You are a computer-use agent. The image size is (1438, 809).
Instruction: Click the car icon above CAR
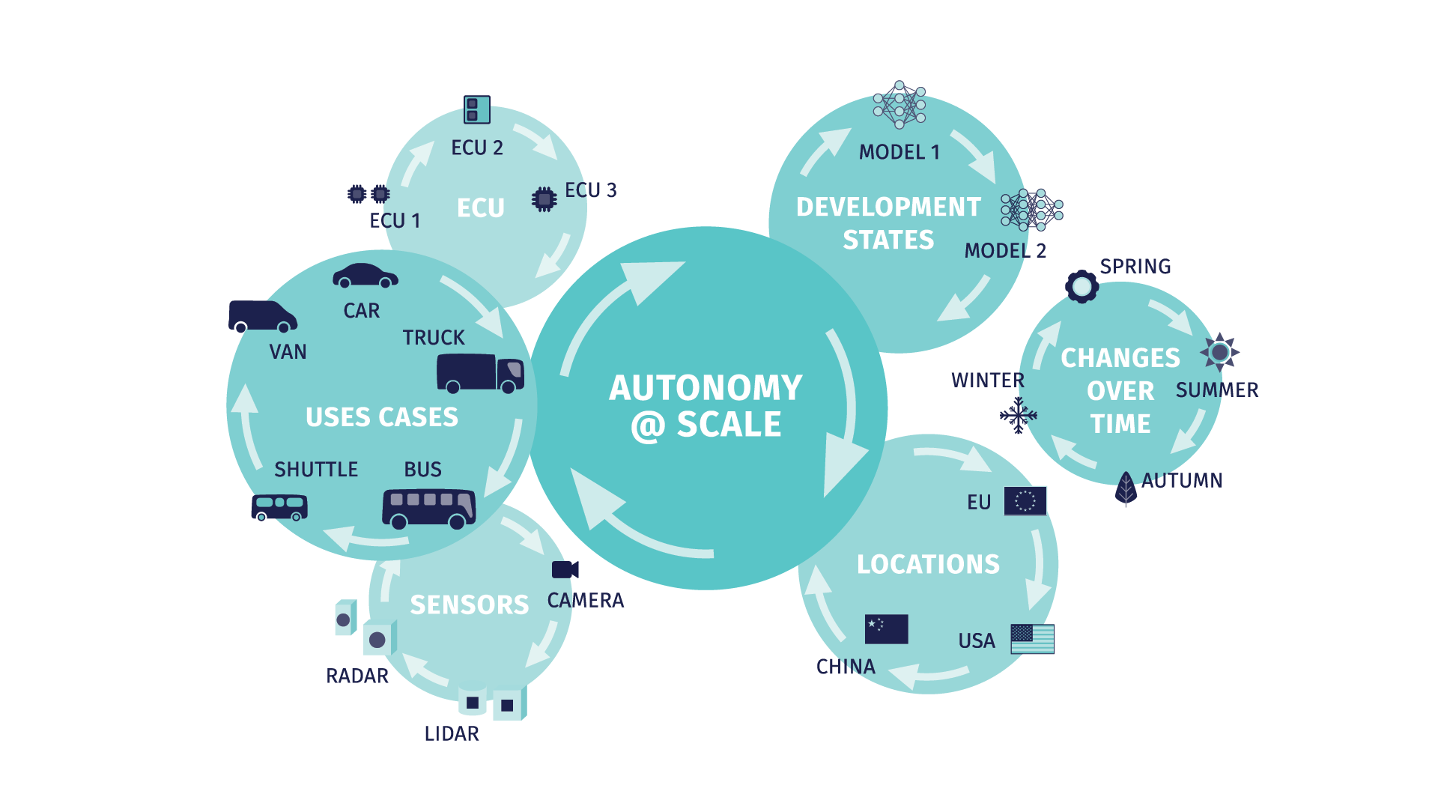[x=365, y=276]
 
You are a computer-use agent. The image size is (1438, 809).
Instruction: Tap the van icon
[x=263, y=316]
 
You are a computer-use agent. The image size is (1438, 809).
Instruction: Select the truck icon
[x=480, y=372]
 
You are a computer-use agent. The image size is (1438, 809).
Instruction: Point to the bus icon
[x=429, y=509]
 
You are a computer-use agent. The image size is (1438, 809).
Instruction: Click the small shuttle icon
[x=279, y=507]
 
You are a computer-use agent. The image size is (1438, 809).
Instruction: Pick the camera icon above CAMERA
[x=565, y=569]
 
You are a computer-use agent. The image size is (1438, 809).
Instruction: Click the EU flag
[x=1025, y=501]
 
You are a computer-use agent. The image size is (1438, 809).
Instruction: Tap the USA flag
[x=1032, y=639]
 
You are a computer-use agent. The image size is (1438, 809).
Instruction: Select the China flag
[x=886, y=629]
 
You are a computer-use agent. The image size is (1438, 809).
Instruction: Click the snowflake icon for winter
[x=1019, y=415]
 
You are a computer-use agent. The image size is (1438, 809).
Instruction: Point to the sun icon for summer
[x=1219, y=351]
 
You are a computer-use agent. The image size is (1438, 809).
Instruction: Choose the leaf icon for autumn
[x=1126, y=488]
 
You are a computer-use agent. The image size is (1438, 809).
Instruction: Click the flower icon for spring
[x=1082, y=286]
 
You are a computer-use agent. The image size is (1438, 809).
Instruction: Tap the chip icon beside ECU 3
[x=544, y=199]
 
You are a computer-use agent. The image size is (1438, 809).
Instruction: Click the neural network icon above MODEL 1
[x=899, y=105]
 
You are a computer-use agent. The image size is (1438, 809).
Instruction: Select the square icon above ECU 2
[x=477, y=109]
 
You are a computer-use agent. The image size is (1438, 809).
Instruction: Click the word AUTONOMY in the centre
[x=706, y=388]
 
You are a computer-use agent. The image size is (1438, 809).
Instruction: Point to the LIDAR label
[x=452, y=733]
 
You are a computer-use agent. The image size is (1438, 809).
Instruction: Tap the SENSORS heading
[x=470, y=605]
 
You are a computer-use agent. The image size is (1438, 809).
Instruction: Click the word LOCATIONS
[x=928, y=564]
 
